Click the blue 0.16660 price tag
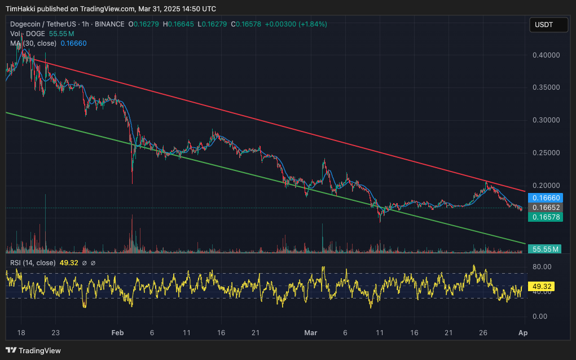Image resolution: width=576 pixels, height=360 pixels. [x=544, y=198]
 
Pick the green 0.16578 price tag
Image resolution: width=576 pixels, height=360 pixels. [x=544, y=217]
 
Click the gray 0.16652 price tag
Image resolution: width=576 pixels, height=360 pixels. [x=544, y=208]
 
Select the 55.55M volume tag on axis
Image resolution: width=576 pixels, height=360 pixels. [x=544, y=249]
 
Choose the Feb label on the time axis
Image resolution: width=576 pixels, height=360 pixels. [x=117, y=333]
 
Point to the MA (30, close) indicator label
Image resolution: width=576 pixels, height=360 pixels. [x=33, y=43]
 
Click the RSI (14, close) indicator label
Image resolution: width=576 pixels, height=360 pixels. [x=33, y=262]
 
